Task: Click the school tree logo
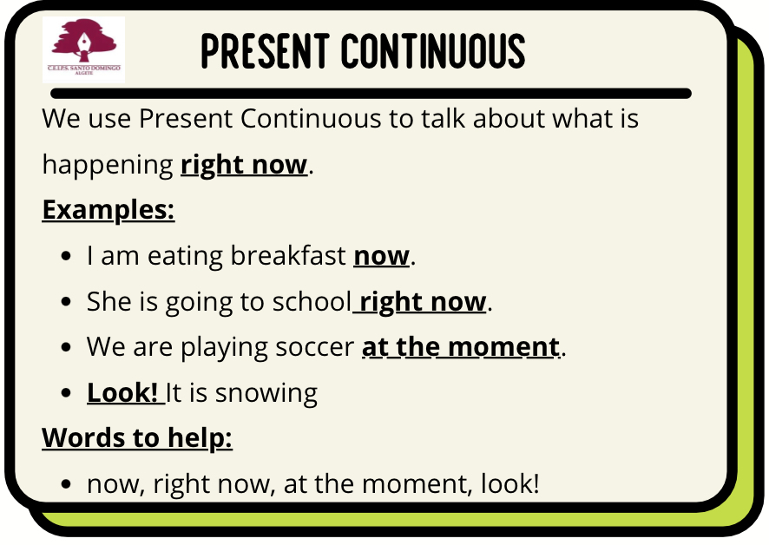click(x=83, y=49)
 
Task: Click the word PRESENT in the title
click(x=266, y=51)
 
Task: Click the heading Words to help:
click(x=137, y=438)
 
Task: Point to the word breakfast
click(x=288, y=255)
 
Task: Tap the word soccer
click(x=315, y=348)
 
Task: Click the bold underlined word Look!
click(x=122, y=392)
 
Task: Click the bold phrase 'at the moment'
click(x=461, y=347)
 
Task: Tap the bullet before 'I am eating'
click(x=66, y=256)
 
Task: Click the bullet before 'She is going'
click(x=66, y=302)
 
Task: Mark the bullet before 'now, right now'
click(x=66, y=484)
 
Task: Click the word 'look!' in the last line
click(x=510, y=483)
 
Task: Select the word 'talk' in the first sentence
click(x=443, y=118)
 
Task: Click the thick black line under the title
click(x=371, y=94)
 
